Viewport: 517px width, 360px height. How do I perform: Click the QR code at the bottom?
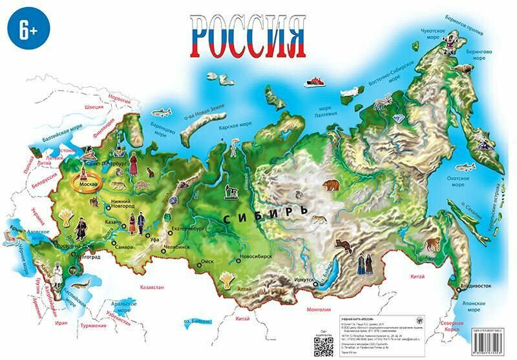click(323, 346)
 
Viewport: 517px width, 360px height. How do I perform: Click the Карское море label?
click(235, 125)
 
